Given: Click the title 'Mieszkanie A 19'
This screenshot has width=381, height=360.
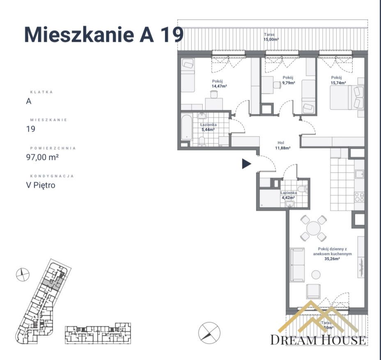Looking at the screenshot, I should click(104, 35).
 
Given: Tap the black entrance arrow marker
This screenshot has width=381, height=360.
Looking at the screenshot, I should click(246, 164).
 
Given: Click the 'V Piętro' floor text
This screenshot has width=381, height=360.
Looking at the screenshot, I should click(40, 185).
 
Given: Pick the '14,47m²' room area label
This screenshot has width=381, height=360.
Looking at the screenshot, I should click(219, 87).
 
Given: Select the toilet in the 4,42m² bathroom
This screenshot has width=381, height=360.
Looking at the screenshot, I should click(302, 189).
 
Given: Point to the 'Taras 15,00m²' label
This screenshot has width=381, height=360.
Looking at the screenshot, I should click(271, 37).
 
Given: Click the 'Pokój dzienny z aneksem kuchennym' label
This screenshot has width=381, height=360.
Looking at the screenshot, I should click(332, 251).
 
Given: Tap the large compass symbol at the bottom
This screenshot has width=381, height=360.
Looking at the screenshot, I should click(209, 332).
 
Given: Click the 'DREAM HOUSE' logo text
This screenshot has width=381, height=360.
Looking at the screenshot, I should click(318, 340).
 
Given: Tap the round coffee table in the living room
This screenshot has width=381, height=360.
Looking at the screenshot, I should click(316, 275).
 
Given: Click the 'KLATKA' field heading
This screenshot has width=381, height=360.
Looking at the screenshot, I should click(41, 92).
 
